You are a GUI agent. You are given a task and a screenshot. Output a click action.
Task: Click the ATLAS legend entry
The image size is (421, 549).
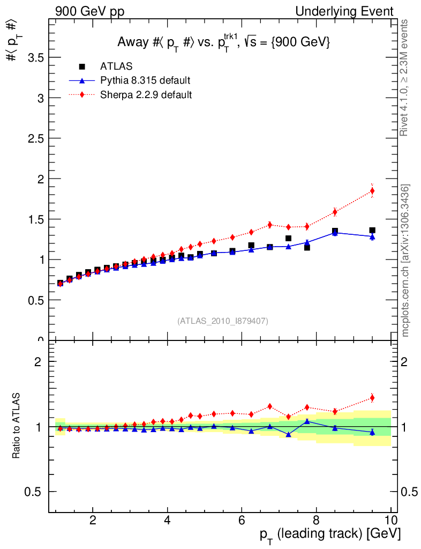(x=116, y=66)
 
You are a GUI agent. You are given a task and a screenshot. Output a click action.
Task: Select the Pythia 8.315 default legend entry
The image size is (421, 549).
(x=145, y=80)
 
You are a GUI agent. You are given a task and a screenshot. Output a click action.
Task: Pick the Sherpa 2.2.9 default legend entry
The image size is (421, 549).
(x=146, y=95)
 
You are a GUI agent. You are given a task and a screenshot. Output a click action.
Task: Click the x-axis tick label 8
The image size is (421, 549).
(x=316, y=520)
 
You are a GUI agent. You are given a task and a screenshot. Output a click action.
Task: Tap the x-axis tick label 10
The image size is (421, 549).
(x=390, y=520)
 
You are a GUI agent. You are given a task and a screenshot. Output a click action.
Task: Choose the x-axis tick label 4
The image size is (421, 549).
(x=167, y=520)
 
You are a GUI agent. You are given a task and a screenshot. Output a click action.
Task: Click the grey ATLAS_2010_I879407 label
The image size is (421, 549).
(x=223, y=321)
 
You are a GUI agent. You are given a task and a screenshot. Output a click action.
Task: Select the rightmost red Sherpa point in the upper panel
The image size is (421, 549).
(x=372, y=191)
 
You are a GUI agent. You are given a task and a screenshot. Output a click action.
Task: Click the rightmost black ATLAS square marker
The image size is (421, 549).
(x=372, y=231)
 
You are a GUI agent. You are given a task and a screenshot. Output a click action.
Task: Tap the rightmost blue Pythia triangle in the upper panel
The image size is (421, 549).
(x=372, y=236)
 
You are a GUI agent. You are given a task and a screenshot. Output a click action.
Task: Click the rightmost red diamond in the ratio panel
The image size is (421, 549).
(x=372, y=398)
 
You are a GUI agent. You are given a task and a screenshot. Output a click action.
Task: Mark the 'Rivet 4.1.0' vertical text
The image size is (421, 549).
(x=405, y=78)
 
